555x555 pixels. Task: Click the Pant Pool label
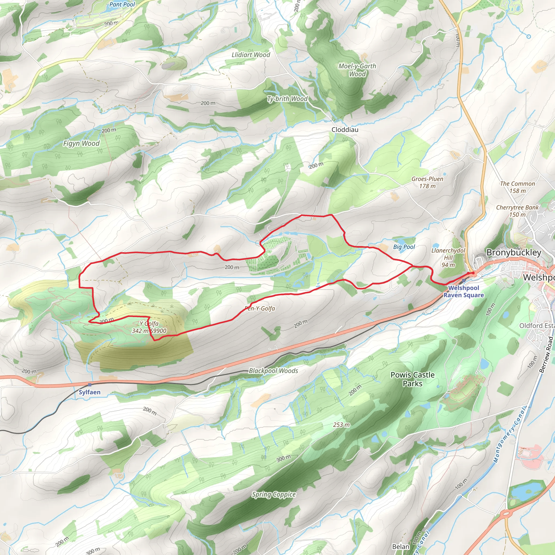[122, 5]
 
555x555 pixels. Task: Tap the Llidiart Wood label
[251, 54]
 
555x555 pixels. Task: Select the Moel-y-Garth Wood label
[357, 70]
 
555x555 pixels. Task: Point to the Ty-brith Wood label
[287, 99]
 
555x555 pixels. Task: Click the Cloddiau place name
[345, 130]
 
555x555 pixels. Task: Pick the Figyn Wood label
[81, 143]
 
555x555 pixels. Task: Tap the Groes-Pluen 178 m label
[427, 182]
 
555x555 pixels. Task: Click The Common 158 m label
[517, 187]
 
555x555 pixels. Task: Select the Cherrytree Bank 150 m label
[517, 211]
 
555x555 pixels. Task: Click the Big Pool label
[404, 247]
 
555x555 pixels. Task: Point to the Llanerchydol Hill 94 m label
[448, 257]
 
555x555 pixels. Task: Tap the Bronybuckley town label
[514, 253]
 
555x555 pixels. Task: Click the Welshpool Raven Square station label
[463, 291]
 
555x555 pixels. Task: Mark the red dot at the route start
[473, 274]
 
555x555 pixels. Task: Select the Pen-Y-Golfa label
[260, 308]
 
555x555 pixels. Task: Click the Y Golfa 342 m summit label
[149, 327]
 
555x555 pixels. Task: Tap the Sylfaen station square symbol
[90, 385]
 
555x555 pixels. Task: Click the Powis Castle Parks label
[412, 379]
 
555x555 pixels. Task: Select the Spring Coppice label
[273, 494]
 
